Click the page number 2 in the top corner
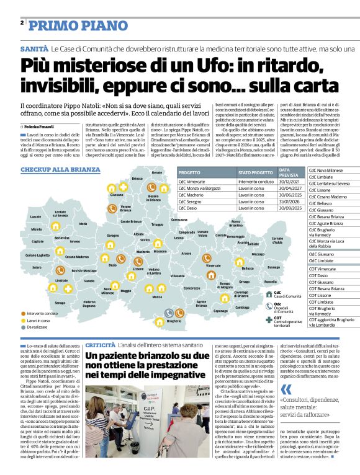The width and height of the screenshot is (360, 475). pyautogui.click(x=22, y=23)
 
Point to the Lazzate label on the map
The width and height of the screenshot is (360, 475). pyautogui.click(x=35, y=216)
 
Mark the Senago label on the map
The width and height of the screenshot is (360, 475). pyautogui.click(x=60, y=303)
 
